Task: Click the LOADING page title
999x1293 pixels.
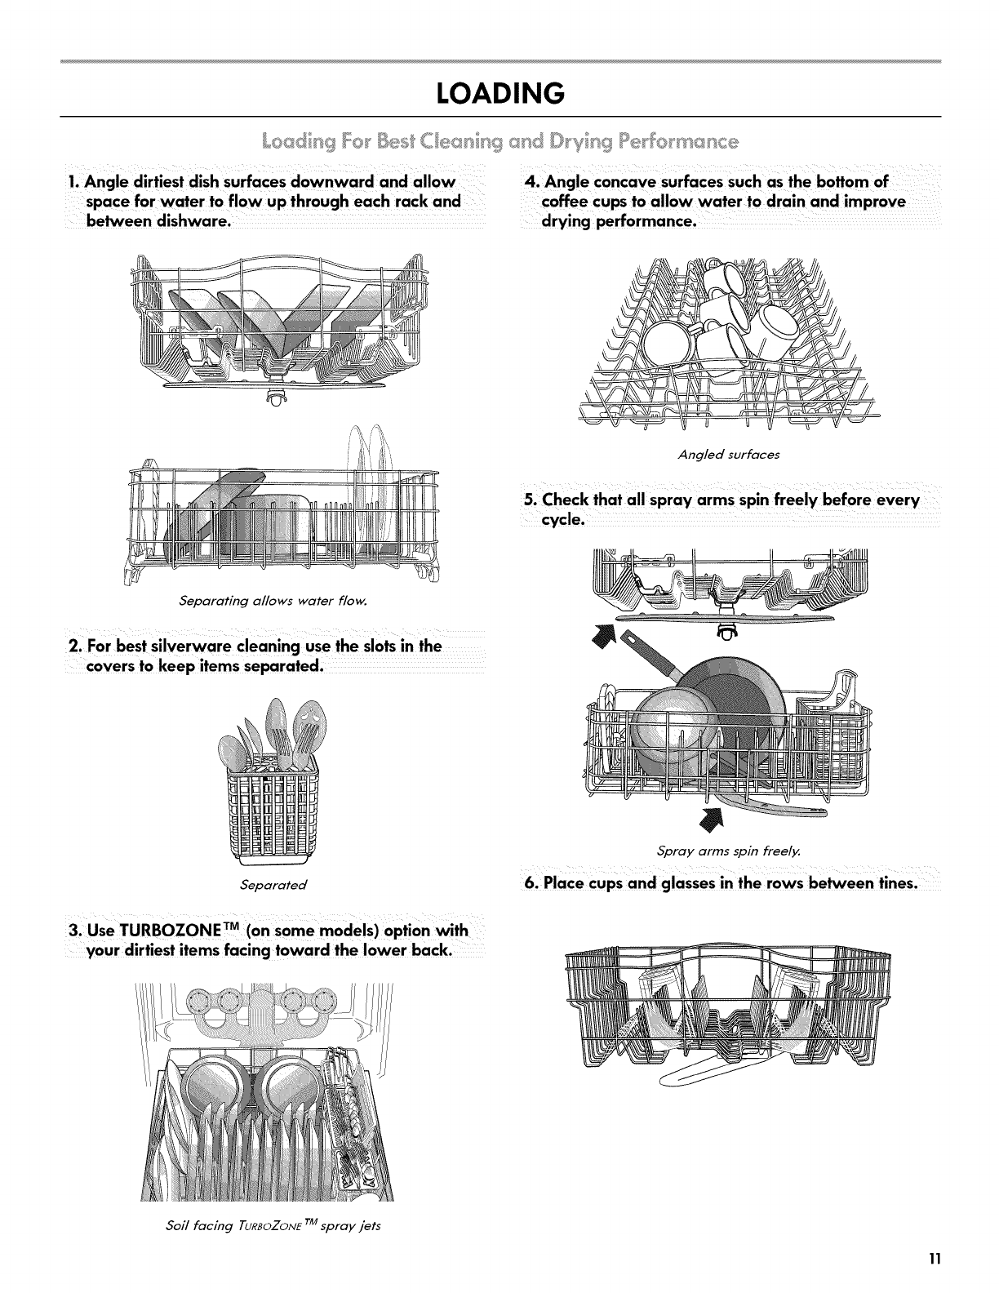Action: (x=499, y=93)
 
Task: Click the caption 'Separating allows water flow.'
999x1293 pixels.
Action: (x=274, y=602)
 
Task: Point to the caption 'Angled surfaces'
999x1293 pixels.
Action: (x=729, y=455)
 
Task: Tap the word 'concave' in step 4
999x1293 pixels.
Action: (x=642, y=180)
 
